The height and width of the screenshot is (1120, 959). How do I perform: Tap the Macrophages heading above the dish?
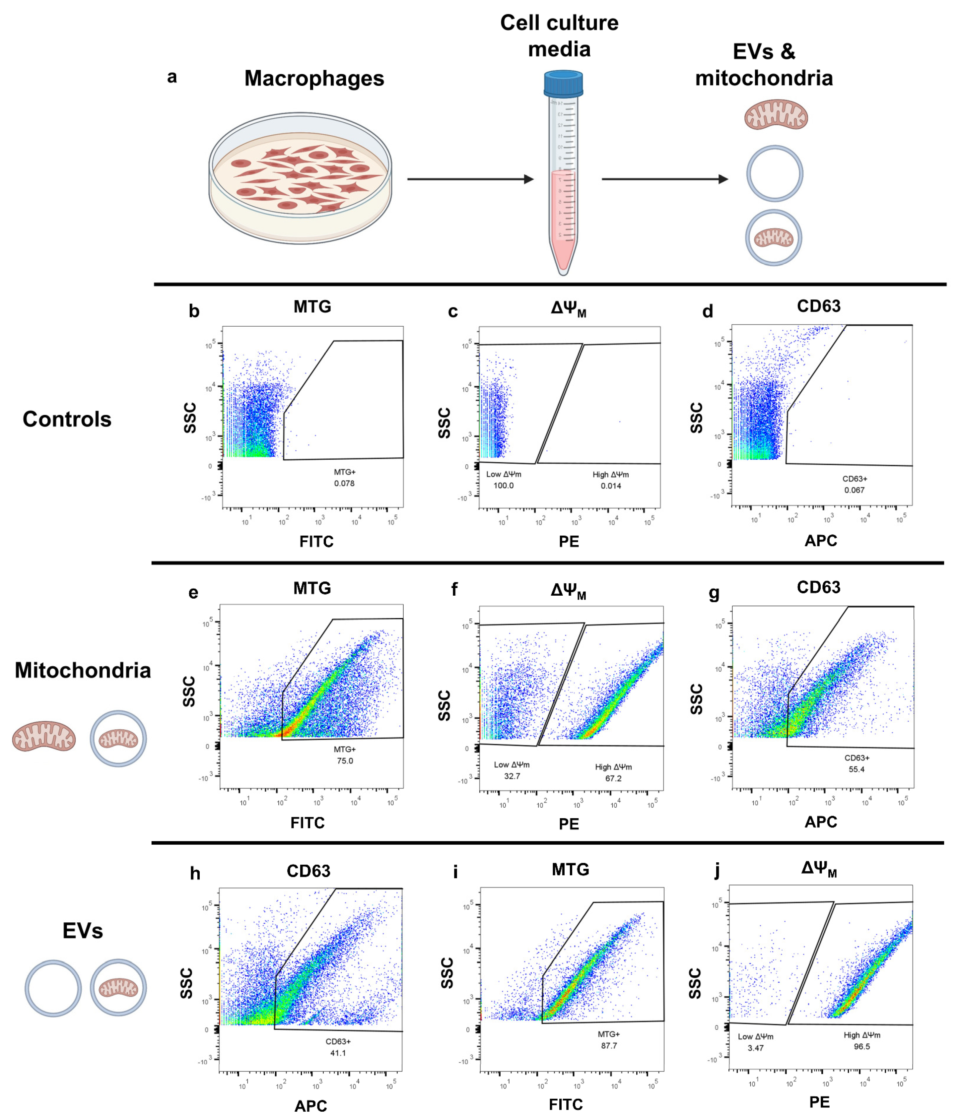click(314, 78)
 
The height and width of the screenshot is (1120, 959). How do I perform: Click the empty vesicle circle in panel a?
click(774, 173)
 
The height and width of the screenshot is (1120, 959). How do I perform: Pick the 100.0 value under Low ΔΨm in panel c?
click(503, 486)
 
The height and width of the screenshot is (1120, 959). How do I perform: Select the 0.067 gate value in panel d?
click(854, 490)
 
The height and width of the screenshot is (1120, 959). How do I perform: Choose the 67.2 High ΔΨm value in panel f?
click(613, 778)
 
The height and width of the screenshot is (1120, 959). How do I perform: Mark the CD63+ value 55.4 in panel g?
click(856, 769)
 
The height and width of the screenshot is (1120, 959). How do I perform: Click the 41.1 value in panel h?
click(338, 1053)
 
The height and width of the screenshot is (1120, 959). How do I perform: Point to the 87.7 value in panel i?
click(609, 1046)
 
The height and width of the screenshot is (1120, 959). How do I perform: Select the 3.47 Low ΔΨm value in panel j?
click(755, 1048)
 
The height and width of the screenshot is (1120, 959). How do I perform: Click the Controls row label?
click(67, 420)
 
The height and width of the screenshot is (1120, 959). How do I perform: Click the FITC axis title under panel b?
click(316, 542)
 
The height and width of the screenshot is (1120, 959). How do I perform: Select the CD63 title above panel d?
click(818, 306)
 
